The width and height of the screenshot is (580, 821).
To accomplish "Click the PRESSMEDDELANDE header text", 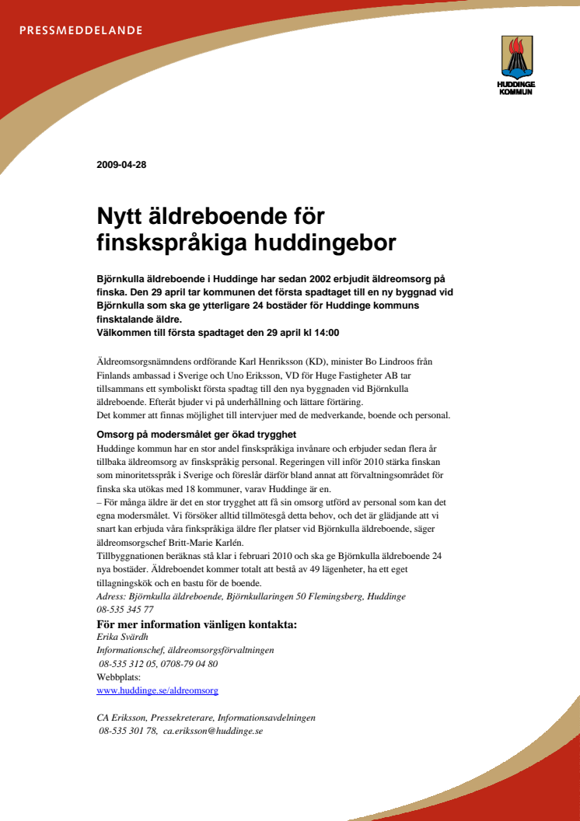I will [x=81, y=31].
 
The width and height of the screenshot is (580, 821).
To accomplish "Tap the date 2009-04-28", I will [x=121, y=164].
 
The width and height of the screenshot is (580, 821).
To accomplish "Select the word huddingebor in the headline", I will [x=326, y=243].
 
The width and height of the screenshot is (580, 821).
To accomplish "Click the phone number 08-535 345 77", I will [x=125, y=610].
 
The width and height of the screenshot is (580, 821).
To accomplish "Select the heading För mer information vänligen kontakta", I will [x=197, y=624].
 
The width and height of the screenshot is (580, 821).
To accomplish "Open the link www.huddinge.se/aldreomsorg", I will [x=157, y=690].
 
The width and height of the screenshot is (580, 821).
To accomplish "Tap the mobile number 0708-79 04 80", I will [x=190, y=664].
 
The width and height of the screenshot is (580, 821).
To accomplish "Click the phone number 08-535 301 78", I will [x=128, y=731].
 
